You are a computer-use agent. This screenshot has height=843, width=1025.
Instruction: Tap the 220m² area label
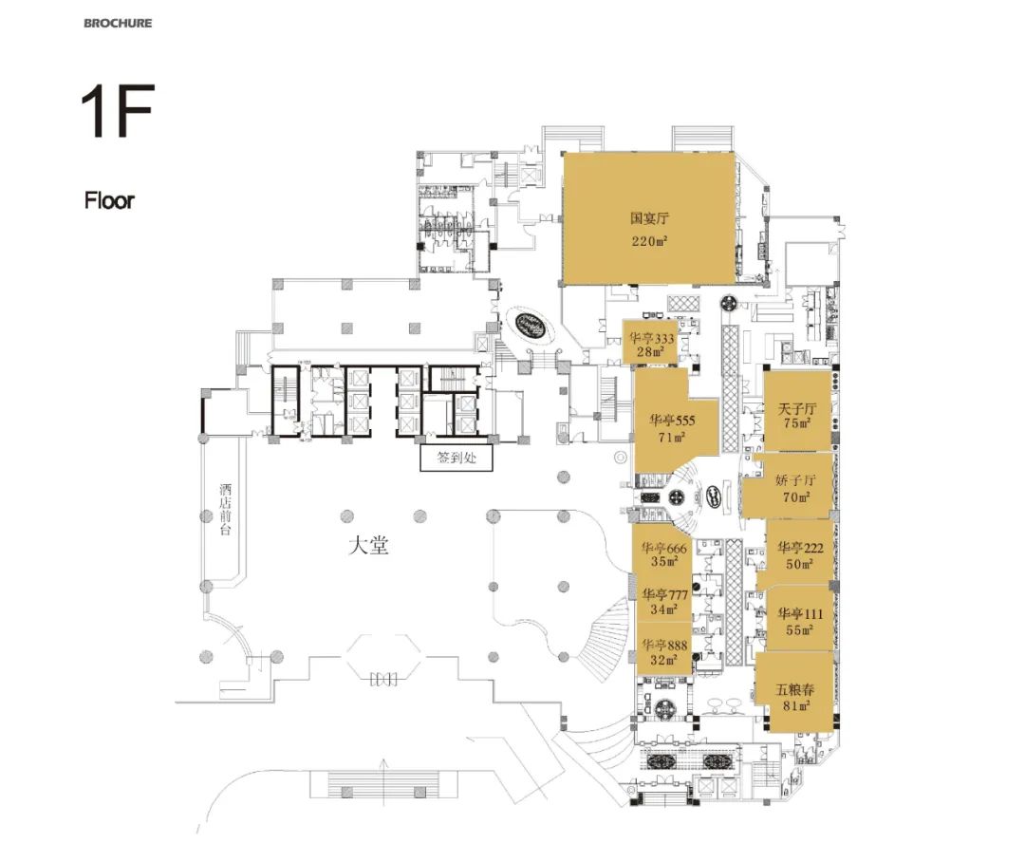click(650, 241)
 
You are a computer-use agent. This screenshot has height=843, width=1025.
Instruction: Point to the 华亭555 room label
click(673, 420)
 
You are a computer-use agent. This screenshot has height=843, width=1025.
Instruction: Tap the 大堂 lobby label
click(367, 546)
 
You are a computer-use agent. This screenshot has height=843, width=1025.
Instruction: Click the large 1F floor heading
click(118, 113)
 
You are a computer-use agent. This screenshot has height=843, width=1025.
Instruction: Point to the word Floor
click(109, 200)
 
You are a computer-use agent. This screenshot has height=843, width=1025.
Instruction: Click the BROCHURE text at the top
click(118, 22)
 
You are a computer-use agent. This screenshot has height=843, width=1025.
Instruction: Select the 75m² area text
click(797, 423)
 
